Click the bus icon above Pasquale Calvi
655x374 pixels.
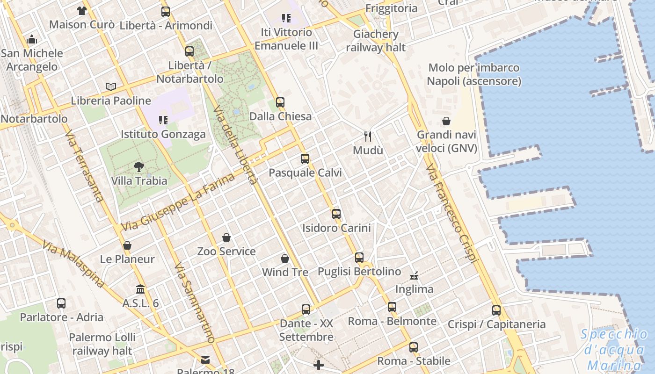pos(305,159)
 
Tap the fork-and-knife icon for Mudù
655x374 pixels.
pos(368,137)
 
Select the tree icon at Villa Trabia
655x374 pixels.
pos(139,166)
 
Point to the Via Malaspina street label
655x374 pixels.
pos(73,264)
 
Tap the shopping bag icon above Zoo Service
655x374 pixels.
pos(226,237)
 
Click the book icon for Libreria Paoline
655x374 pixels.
pos(111,86)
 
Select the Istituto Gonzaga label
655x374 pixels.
pos(163,134)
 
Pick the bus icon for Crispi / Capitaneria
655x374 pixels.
pos(496,310)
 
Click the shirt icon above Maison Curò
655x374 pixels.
pos(82,10)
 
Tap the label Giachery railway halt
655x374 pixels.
pos(376,41)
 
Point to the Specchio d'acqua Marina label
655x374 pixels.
pos(614,350)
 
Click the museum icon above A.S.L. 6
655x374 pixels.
pos(140,289)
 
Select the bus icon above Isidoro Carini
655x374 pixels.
pos(336,214)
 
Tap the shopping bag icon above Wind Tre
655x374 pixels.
pos(285,259)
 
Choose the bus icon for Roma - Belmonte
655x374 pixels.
pos(392,307)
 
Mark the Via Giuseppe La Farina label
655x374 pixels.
pos(178,202)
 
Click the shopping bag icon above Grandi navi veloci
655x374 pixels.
pos(447,121)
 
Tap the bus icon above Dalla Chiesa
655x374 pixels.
pos(280,102)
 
